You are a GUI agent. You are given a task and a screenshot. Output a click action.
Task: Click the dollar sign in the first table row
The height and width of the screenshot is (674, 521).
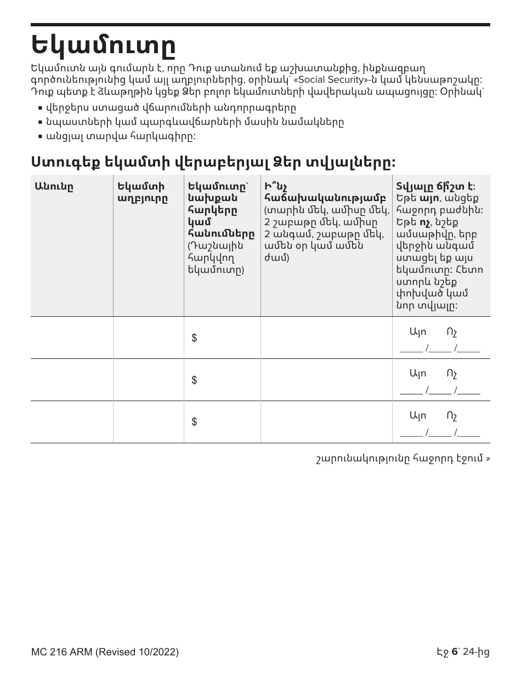pyautogui.click(x=194, y=339)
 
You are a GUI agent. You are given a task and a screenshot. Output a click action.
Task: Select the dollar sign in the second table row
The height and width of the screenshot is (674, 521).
pyautogui.click(x=194, y=380)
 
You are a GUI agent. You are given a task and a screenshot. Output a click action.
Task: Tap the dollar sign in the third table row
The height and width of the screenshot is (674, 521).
pyautogui.click(x=194, y=422)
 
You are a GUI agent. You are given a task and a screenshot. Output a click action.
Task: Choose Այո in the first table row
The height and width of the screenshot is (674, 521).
pyautogui.click(x=417, y=332)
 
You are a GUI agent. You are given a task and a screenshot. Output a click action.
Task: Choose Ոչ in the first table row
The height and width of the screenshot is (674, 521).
pyautogui.click(x=452, y=332)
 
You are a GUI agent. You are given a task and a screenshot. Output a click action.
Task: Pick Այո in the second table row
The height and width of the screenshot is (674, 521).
pyautogui.click(x=417, y=374)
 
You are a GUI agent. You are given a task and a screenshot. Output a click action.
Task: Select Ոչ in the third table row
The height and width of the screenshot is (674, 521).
pyautogui.click(x=452, y=415)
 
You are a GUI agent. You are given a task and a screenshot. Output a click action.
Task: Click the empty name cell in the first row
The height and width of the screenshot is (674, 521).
pyautogui.click(x=72, y=338)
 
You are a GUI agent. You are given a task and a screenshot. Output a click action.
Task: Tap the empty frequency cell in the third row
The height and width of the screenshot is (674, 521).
pyautogui.click(x=326, y=422)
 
